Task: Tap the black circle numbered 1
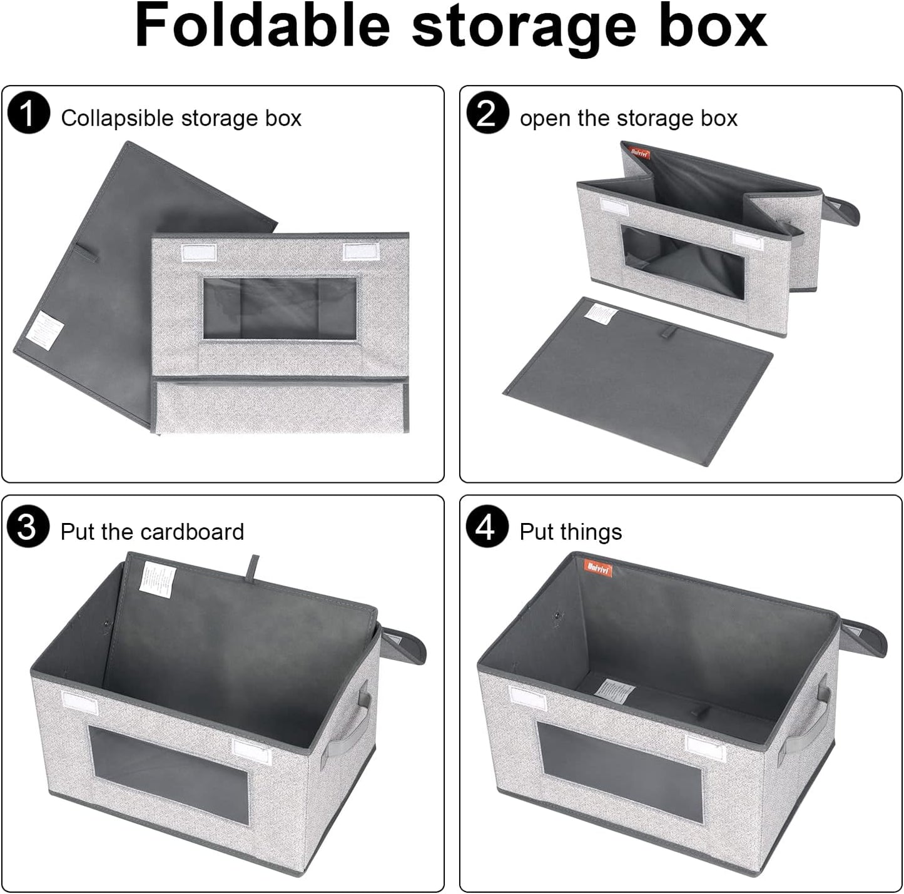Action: point(29,114)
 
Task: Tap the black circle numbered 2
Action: point(487,114)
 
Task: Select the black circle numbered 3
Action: point(28,527)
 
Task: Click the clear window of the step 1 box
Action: point(280,308)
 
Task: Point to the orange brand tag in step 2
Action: point(639,152)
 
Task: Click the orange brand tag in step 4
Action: point(599,568)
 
